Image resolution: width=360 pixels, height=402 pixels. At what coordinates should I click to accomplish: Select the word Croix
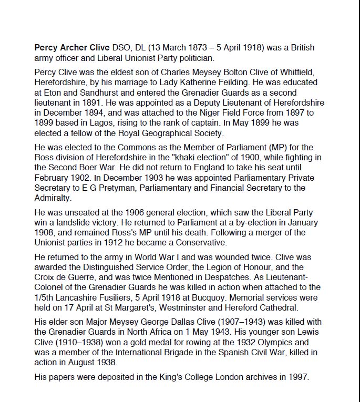tap(46, 278)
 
